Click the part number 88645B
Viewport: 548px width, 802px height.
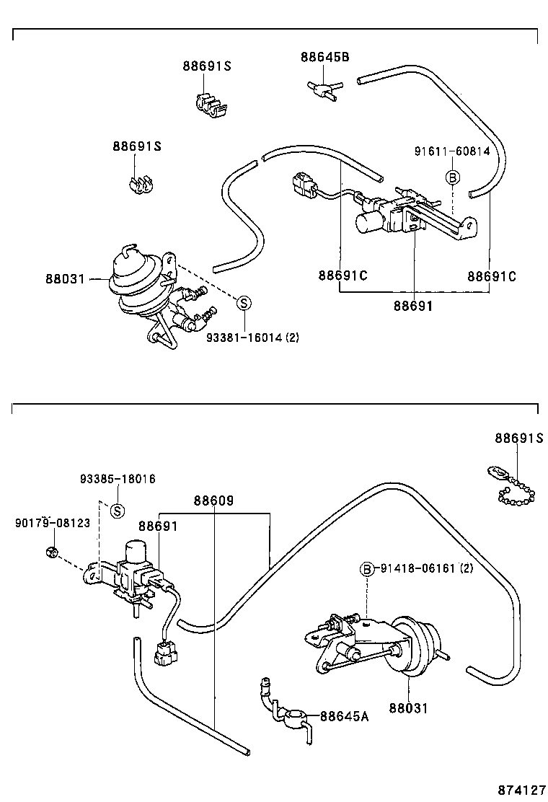pyautogui.click(x=324, y=57)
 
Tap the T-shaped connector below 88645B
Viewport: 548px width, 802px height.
pyautogui.click(x=323, y=89)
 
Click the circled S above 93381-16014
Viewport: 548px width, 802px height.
pyautogui.click(x=244, y=304)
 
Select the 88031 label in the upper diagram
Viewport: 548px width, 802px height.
pyautogui.click(x=65, y=279)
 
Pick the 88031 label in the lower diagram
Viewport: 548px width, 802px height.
pyautogui.click(x=408, y=708)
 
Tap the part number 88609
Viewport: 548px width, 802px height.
pyautogui.click(x=213, y=500)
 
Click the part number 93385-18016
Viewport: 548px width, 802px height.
pyautogui.click(x=118, y=479)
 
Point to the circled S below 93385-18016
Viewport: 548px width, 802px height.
pyautogui.click(x=118, y=511)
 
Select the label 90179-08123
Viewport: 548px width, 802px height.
pyautogui.click(x=53, y=523)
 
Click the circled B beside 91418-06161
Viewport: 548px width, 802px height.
pyautogui.click(x=367, y=569)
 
